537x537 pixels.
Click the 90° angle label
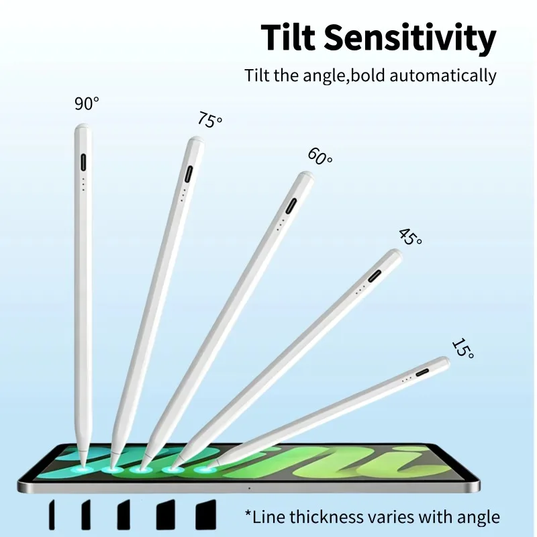[x=87, y=103]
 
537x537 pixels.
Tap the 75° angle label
[x=209, y=120]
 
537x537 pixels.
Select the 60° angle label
[x=320, y=156]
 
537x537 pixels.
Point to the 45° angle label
[x=410, y=237]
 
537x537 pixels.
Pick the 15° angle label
[x=463, y=348]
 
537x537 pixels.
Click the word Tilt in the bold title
[x=288, y=37]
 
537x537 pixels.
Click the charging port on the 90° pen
[x=83, y=162]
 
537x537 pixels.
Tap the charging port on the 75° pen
[x=189, y=175]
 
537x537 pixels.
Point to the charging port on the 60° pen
[x=291, y=206]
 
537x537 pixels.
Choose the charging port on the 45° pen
[x=375, y=276]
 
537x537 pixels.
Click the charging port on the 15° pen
[x=423, y=373]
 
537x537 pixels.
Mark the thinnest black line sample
[x=52, y=514]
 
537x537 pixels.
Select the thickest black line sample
[x=206, y=514]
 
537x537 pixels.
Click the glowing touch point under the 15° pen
[x=205, y=469]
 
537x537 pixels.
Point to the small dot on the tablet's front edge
[x=249, y=488]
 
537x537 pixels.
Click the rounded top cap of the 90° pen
[x=83, y=128]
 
